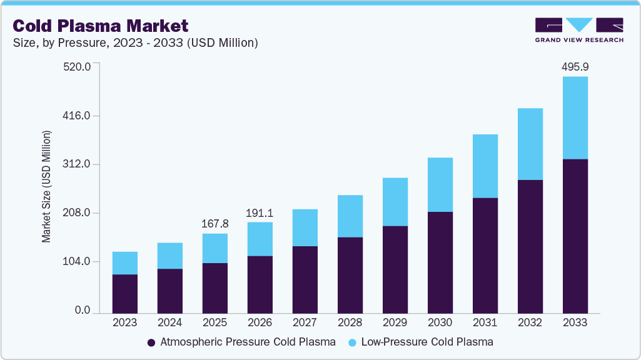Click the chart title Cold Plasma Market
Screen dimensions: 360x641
tap(101, 26)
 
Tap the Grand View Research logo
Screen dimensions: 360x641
tap(579, 30)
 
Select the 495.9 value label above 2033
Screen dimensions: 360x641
tap(575, 67)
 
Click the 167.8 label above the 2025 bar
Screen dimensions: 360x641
tap(215, 224)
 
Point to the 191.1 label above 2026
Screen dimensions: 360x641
tap(260, 212)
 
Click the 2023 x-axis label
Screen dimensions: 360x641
tap(125, 323)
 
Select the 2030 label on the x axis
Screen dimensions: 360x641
tap(440, 323)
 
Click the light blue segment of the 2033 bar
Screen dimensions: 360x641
tap(575, 117)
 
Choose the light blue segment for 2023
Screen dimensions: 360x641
tap(125, 263)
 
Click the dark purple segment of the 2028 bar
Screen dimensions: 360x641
tap(350, 275)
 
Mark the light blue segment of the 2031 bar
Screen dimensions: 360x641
tap(485, 166)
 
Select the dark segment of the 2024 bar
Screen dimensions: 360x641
tap(170, 291)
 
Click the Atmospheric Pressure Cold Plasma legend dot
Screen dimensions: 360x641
tap(151, 342)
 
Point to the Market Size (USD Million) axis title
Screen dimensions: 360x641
tap(46, 187)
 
